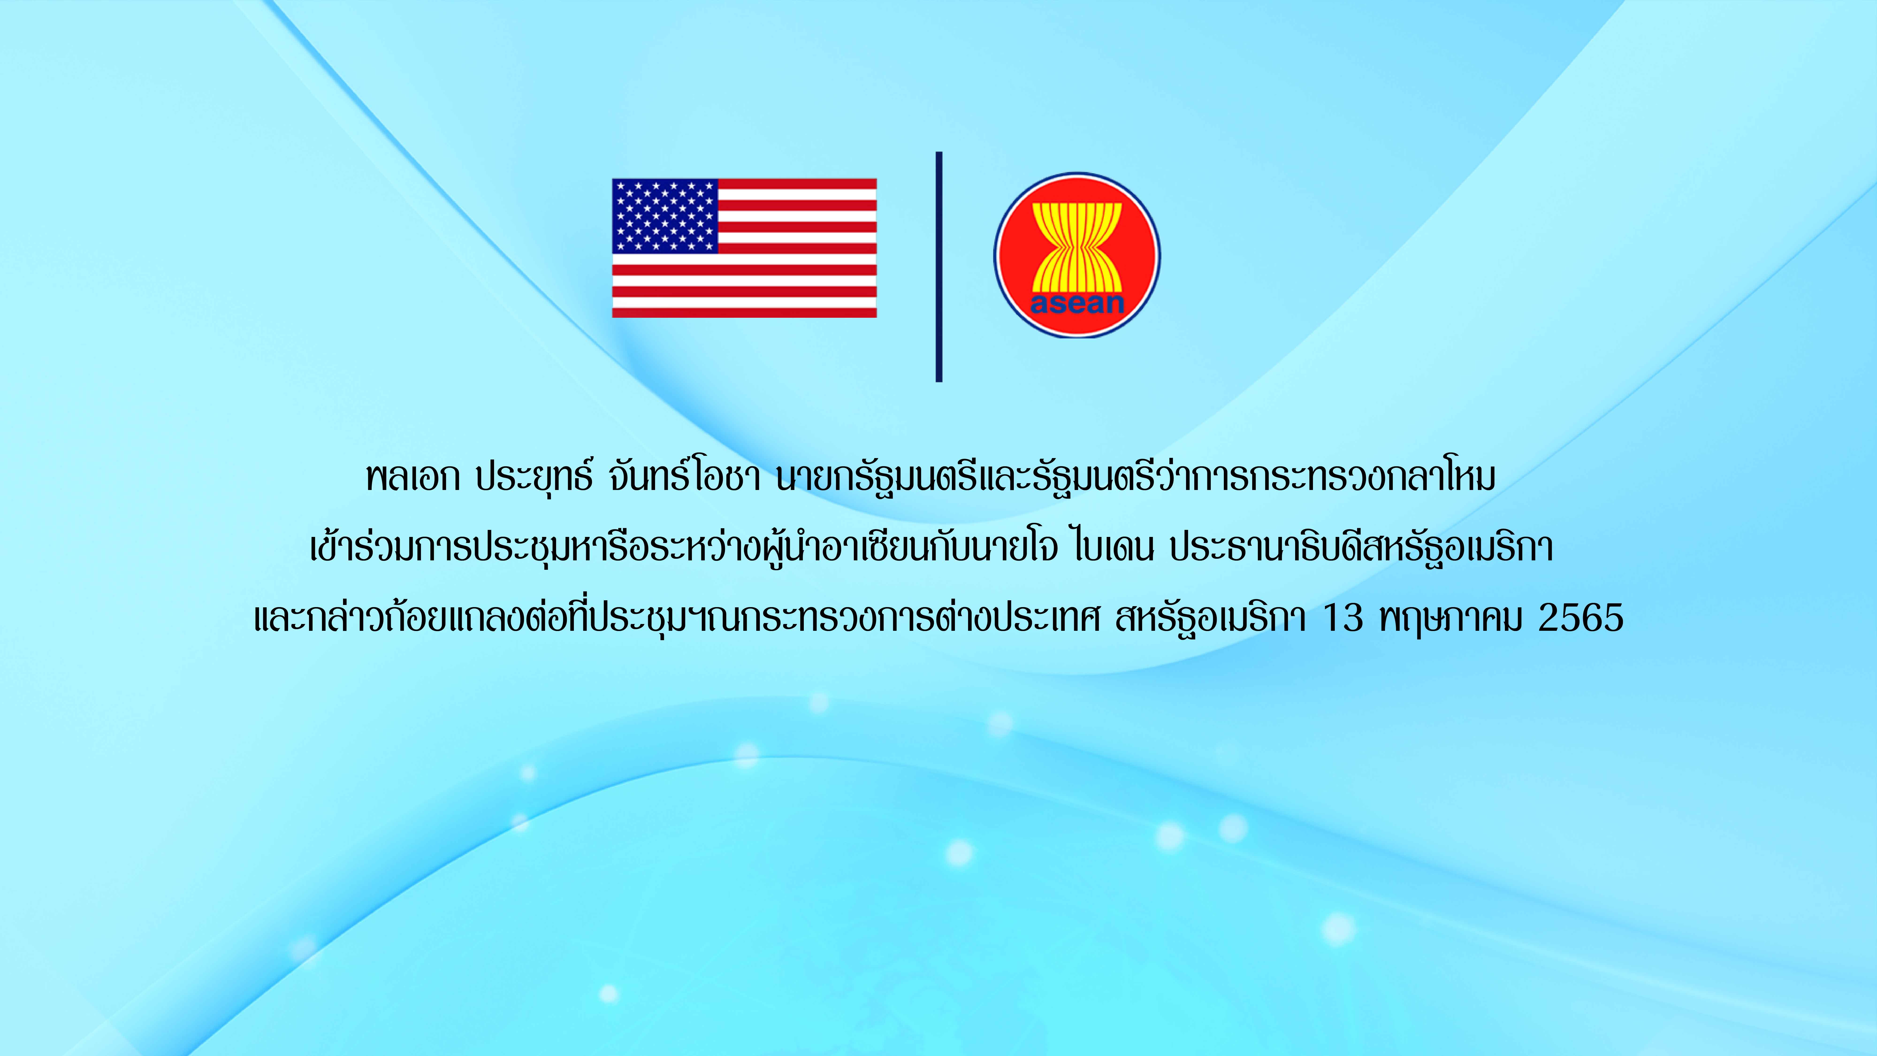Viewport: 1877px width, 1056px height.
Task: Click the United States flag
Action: (x=744, y=248)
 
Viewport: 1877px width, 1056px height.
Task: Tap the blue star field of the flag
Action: (x=664, y=216)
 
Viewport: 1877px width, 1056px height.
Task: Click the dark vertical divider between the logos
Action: (x=938, y=267)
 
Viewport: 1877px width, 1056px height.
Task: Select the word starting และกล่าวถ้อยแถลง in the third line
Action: (x=676, y=618)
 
